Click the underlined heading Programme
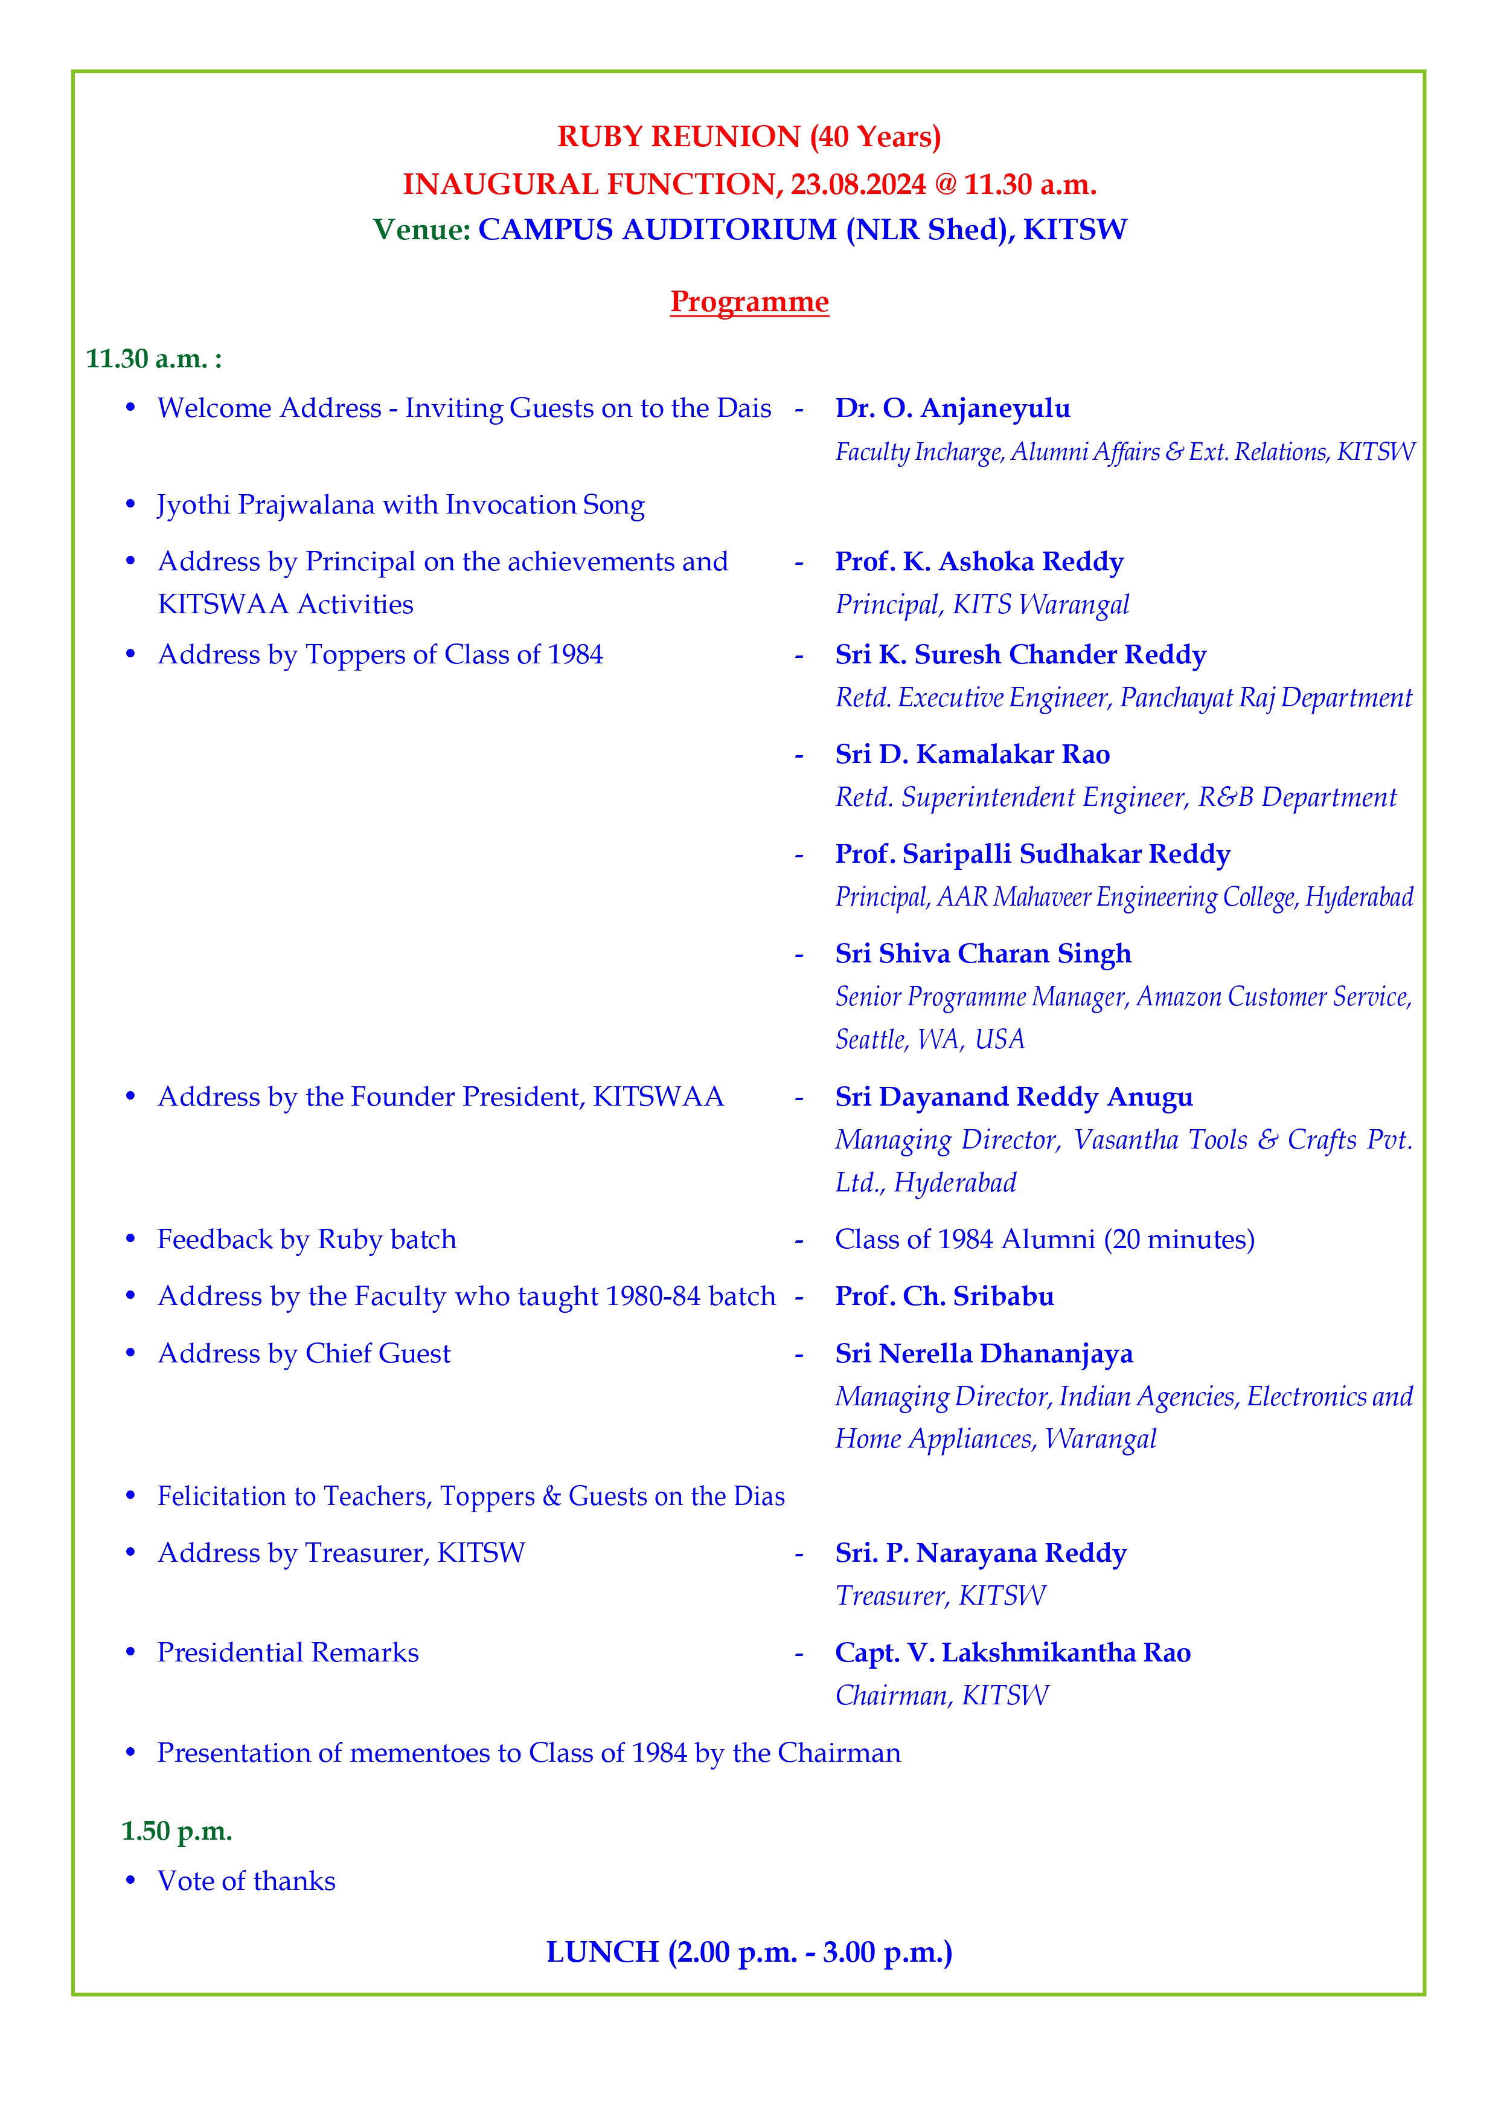749,302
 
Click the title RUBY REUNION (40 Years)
749,137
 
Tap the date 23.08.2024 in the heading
857,185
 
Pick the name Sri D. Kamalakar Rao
972,755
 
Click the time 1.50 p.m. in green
176,1831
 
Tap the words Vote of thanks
246,1881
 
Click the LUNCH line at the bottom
749,1952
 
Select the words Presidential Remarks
288,1653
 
